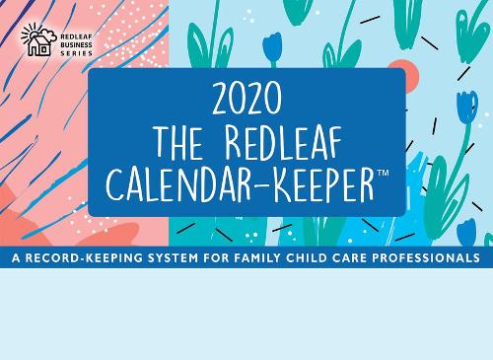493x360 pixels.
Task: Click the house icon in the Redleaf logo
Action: click(39, 45)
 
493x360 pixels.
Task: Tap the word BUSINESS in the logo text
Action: click(76, 44)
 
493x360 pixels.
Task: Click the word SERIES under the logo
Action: click(76, 53)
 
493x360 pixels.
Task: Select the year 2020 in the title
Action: click(246, 98)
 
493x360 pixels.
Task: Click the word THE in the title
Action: click(178, 143)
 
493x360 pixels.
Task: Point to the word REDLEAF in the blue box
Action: click(283, 143)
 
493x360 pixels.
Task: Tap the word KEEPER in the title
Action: click(323, 186)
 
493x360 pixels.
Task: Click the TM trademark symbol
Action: click(383, 173)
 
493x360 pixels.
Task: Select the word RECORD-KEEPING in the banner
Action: click(84, 257)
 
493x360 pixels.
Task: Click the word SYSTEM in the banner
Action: click(173, 257)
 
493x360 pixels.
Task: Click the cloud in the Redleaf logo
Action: click(48, 35)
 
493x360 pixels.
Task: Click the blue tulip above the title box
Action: click(272, 49)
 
